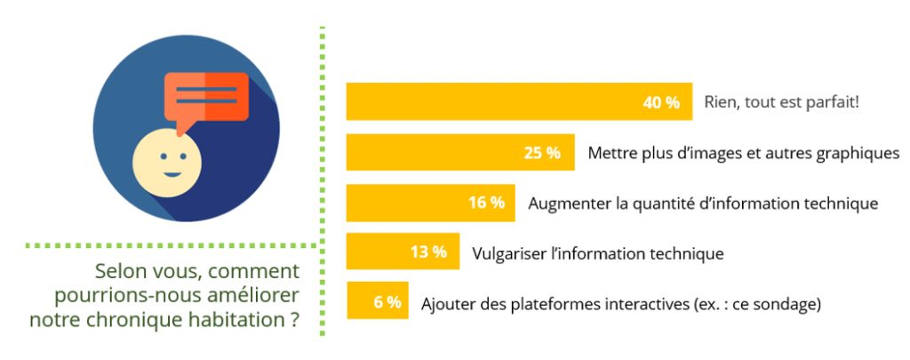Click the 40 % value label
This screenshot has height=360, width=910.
[660, 102]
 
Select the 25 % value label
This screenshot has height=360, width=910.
[542, 153]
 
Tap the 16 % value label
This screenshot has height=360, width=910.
[486, 203]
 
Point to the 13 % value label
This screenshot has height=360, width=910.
[428, 252]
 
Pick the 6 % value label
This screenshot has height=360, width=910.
[387, 302]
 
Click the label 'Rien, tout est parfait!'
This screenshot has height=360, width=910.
[781, 102]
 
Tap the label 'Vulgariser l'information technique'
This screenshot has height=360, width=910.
[598, 253]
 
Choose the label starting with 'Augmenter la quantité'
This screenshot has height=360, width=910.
[703, 204]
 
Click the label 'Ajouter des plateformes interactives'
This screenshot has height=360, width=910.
[620, 303]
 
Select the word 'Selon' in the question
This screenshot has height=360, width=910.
[121, 271]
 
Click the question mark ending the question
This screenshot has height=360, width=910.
[293, 319]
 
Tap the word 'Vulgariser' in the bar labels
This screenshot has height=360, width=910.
[510, 253]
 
